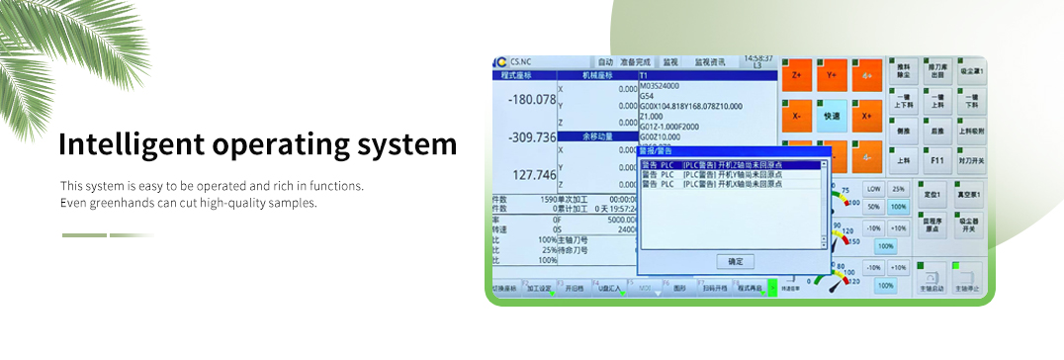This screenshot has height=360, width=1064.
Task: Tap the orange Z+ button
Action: tap(796, 75)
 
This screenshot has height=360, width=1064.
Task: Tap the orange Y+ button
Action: tap(832, 75)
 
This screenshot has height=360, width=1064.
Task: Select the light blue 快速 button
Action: tap(832, 115)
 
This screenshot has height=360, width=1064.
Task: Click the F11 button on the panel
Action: tap(937, 159)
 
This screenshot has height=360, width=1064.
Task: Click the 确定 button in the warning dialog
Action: tap(734, 261)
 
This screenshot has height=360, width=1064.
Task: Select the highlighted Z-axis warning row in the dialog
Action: tap(730, 164)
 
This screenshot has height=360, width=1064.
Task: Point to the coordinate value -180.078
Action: tap(532, 100)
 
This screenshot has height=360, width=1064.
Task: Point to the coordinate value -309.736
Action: tap(532, 137)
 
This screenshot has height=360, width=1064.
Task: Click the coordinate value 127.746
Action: tap(535, 175)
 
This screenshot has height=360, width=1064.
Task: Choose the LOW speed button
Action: tap(873, 188)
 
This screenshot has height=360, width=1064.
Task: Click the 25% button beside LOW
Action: tap(898, 188)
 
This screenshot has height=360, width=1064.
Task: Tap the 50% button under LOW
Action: tap(873, 208)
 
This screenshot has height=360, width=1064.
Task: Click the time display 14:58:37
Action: tap(758, 58)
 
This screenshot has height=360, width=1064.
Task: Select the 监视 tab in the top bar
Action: tap(670, 61)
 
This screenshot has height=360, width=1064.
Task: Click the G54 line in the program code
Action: tap(648, 96)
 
